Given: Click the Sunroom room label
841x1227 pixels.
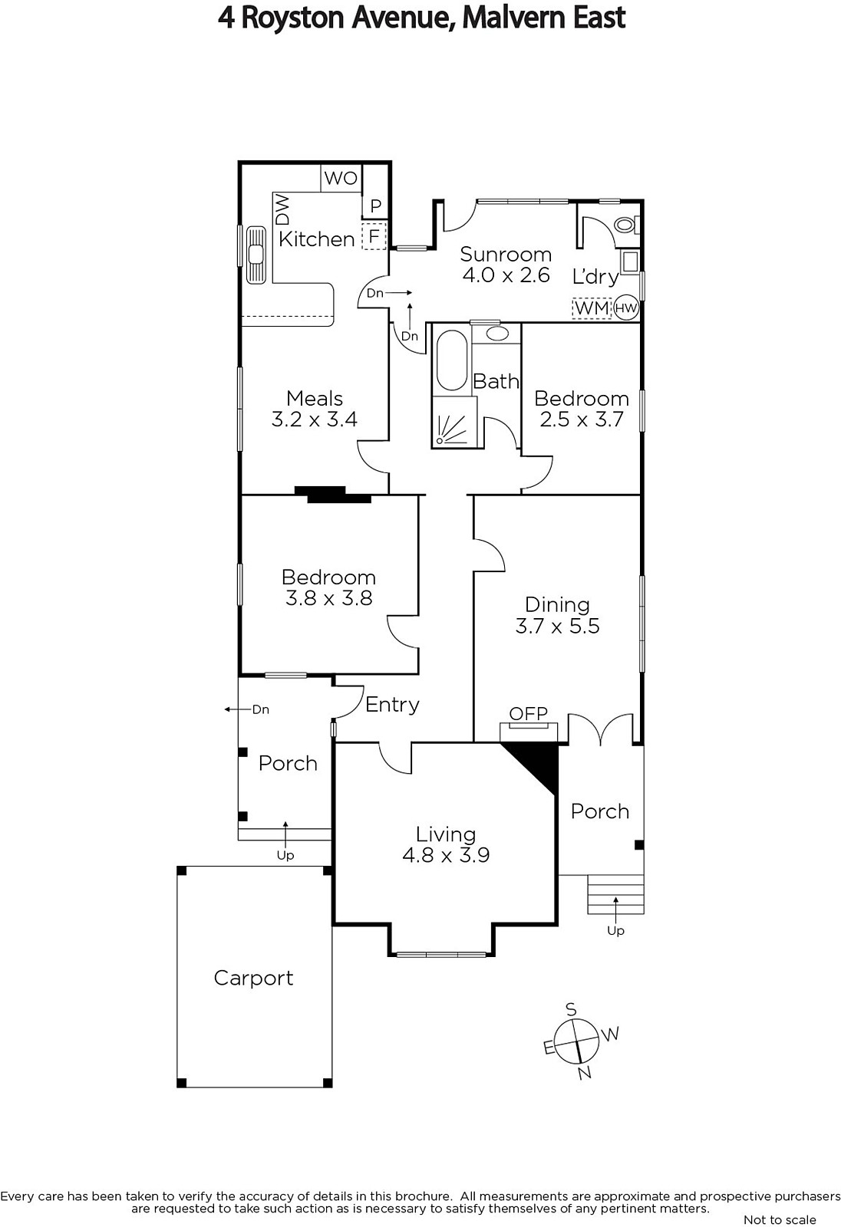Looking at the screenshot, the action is (506, 254).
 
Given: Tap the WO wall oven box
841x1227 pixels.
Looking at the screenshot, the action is (341, 178).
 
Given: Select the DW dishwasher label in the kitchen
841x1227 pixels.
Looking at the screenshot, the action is (282, 209).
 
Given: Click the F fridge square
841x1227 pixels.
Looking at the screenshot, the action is (374, 236).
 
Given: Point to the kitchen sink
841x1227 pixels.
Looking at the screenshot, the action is (256, 255).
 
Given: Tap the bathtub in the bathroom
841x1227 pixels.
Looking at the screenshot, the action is (452, 360).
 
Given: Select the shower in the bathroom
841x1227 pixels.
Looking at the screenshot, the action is (454, 423).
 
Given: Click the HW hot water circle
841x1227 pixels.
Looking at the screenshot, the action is (625, 308).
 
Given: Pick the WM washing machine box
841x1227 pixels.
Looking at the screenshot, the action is (592, 308).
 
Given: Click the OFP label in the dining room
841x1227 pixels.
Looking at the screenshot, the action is (528, 713).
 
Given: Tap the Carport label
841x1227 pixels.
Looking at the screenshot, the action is (253, 978).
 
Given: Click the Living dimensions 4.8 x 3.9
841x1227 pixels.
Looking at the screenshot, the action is (446, 855).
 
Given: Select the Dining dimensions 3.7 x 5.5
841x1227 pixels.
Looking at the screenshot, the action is (558, 626).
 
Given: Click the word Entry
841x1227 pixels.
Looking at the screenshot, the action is (392, 705).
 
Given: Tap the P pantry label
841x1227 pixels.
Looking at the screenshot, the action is (375, 206).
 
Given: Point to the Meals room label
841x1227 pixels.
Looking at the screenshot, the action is (314, 398).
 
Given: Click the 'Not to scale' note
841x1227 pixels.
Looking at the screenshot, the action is (780, 1219).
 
